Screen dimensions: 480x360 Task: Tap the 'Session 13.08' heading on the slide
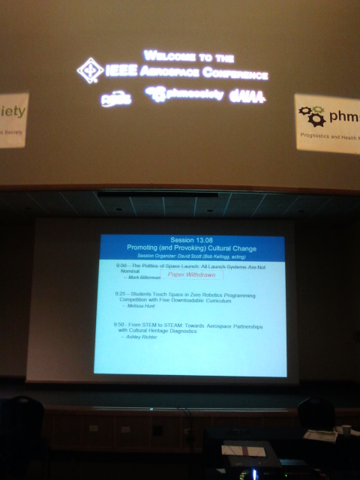pyautogui.click(x=192, y=239)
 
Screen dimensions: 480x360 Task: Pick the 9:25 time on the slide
pyautogui.click(x=120, y=294)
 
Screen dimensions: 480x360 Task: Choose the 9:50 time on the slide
pyautogui.click(x=120, y=324)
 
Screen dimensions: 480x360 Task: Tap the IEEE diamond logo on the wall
pyautogui.click(x=90, y=70)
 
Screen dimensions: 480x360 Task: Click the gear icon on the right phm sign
pyautogui.click(x=311, y=115)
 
